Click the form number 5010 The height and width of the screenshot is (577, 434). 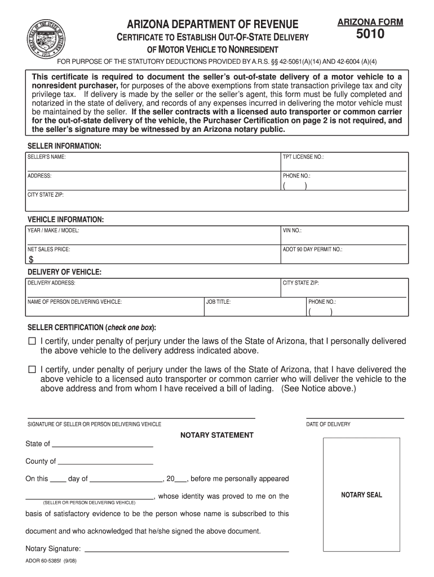(x=370, y=35)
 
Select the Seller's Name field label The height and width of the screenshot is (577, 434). (x=47, y=157)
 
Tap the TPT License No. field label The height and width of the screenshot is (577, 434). (x=303, y=157)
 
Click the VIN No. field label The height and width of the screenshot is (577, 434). (x=292, y=230)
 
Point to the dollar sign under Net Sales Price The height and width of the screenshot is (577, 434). (x=31, y=260)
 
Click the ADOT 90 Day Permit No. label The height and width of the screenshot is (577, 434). (x=312, y=249)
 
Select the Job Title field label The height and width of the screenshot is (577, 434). (x=218, y=302)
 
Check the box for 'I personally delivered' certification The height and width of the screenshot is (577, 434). (x=32, y=341)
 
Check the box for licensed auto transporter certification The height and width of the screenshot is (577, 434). (x=32, y=370)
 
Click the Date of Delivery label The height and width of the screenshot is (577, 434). (x=328, y=424)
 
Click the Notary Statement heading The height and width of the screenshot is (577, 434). (x=216, y=435)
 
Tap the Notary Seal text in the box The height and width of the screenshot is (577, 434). (x=361, y=495)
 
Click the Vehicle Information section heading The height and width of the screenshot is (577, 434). (x=65, y=219)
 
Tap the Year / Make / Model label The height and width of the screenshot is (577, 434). (x=54, y=230)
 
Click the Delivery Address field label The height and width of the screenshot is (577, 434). (x=51, y=283)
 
